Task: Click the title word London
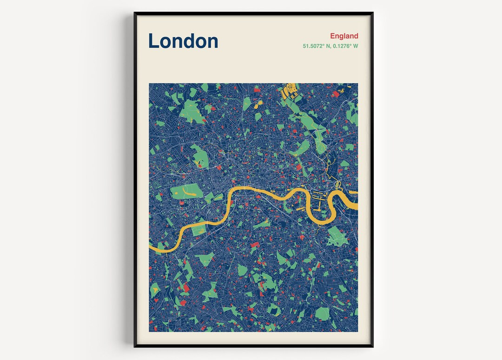(183, 41)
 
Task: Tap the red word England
(344, 36)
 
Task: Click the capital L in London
(154, 41)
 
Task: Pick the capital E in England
(333, 36)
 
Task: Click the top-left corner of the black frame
(135, 13)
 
